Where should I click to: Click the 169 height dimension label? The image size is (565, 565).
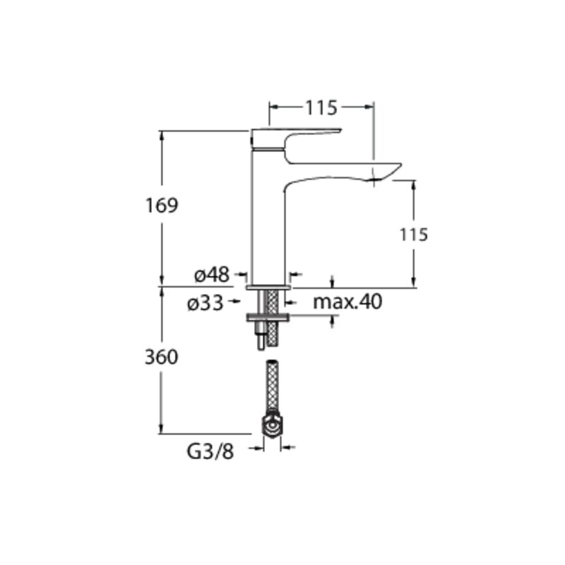[162, 206]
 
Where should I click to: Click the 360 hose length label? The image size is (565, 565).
[162, 357]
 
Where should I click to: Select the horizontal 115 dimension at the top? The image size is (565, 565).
[321, 107]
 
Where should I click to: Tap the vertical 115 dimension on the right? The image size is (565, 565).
[414, 234]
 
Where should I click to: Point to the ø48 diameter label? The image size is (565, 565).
[212, 275]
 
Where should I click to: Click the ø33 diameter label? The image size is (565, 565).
[206, 304]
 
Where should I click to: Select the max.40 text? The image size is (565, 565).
[347, 302]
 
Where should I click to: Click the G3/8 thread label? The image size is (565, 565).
[210, 451]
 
